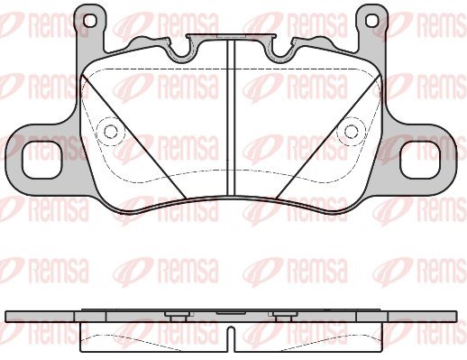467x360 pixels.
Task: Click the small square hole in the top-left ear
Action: pos(90,21)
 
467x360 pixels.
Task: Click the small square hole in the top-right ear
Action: pos(372,21)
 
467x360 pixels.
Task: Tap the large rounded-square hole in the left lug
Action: pos(42,161)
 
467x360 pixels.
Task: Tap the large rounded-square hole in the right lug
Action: pos(420,161)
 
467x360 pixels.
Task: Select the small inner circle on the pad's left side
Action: pos(111,132)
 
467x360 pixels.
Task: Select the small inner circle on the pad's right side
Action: pos(351,132)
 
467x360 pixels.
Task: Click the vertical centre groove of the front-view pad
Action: pos(231,118)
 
